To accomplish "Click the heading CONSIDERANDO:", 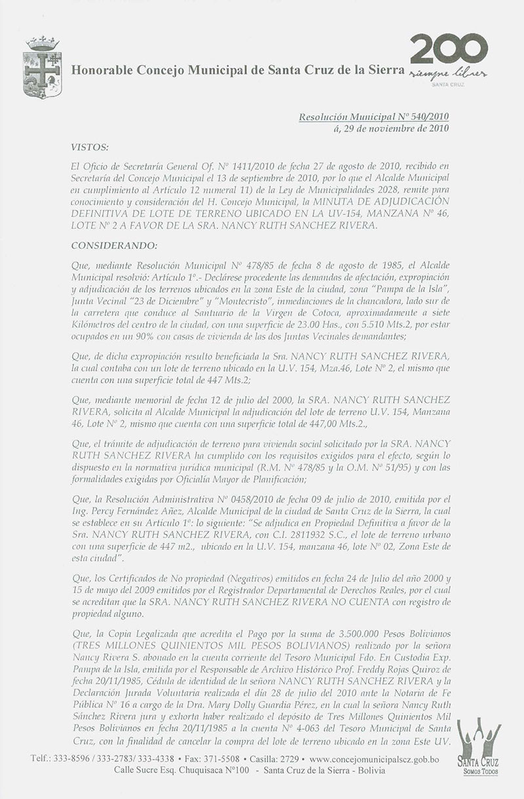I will pyautogui.click(x=115, y=246).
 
